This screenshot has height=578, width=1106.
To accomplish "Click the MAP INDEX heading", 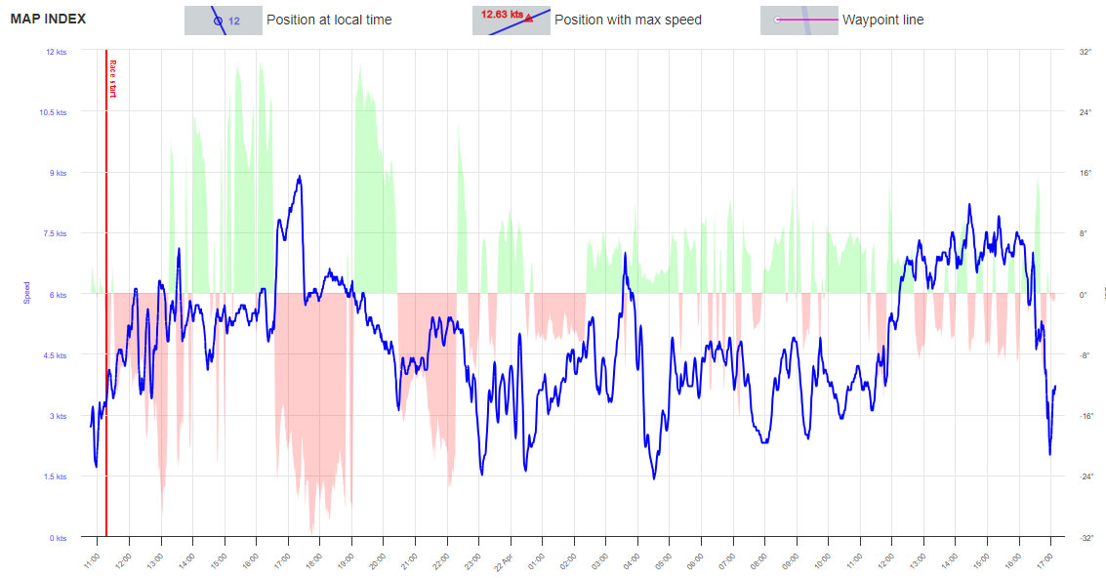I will [x=48, y=19].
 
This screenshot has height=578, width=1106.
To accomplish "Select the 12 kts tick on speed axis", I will [x=57, y=51].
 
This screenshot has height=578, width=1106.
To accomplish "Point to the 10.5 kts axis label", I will [x=55, y=112].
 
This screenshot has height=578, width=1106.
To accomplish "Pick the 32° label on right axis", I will [x=1084, y=51].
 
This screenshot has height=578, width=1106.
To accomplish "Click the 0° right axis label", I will [x=1083, y=294].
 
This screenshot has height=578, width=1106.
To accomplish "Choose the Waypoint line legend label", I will [x=882, y=20].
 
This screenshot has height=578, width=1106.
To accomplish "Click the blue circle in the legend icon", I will [x=218, y=20].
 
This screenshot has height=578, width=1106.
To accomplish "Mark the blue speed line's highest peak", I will [x=300, y=177].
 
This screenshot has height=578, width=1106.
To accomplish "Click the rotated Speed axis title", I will [x=27, y=294].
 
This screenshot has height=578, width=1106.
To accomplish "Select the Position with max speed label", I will [x=628, y=20].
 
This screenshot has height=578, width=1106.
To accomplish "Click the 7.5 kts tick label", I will [x=55, y=233].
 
